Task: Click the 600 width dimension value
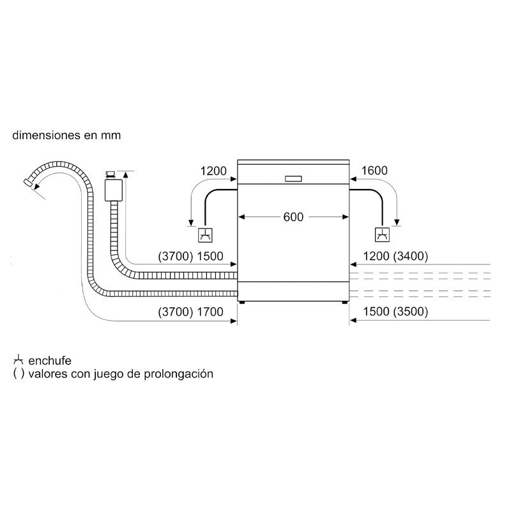[293, 217]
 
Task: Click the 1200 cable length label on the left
[213, 171]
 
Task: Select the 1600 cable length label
[375, 171]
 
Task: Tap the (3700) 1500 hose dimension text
[190, 257]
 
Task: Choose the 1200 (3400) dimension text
[395, 257]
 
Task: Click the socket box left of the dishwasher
[206, 236]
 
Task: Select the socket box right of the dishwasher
[381, 236]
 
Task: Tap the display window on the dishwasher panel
[293, 178]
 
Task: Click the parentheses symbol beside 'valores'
[18, 374]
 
